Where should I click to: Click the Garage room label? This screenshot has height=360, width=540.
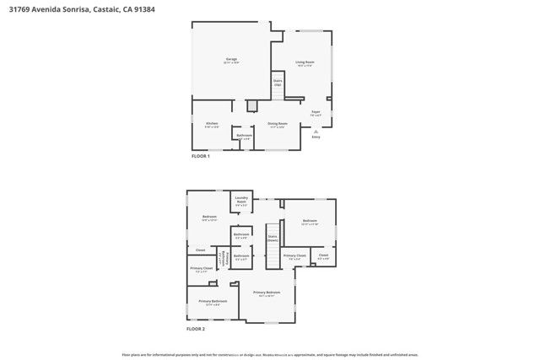click(x=230, y=61)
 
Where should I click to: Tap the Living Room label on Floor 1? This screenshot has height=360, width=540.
click(x=305, y=63)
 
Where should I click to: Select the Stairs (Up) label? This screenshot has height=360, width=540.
click(x=277, y=84)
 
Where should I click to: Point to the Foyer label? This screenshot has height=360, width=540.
click(x=316, y=113)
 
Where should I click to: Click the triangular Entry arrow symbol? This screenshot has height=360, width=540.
click(x=316, y=131)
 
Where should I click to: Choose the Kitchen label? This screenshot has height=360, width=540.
click(x=212, y=125)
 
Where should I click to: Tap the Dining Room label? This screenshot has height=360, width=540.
click(x=278, y=125)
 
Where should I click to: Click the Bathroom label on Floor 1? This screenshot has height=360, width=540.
click(x=245, y=136)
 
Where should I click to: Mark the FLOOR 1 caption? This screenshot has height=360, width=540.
click(x=200, y=157)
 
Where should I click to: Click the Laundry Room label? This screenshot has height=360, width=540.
click(x=240, y=201)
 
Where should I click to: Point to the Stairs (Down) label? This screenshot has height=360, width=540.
click(x=273, y=239)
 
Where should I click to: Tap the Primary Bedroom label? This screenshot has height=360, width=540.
click(x=267, y=293)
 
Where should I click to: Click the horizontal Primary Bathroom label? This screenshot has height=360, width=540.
click(x=213, y=301)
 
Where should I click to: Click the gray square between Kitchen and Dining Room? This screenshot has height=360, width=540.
click(x=251, y=105)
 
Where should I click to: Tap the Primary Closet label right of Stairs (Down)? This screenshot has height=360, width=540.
click(x=294, y=255)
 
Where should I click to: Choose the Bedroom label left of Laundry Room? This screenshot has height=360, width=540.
click(x=209, y=217)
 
